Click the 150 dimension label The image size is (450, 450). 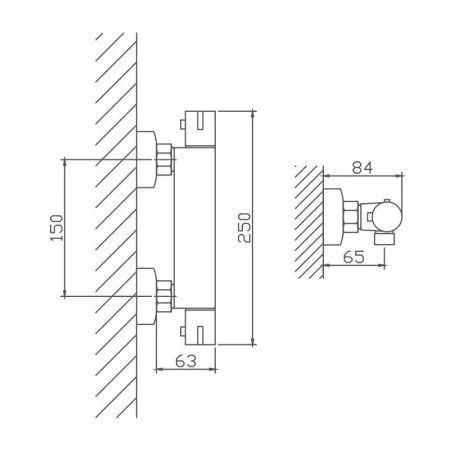[56, 228]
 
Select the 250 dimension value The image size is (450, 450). [244, 228]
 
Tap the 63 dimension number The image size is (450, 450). [186, 361]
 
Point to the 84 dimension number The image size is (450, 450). [363, 167]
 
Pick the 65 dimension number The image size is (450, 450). [354, 257]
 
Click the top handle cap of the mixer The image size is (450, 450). [200, 129]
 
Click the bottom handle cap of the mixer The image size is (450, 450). [200, 327]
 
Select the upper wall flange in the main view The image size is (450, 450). [146, 159]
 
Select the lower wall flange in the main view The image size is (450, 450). [146, 296]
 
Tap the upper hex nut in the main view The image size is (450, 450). [165, 160]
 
